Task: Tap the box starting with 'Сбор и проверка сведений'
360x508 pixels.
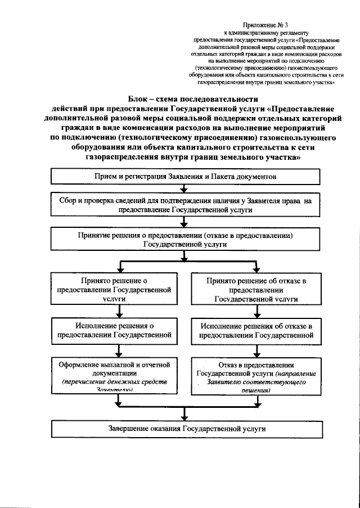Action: tap(187, 204)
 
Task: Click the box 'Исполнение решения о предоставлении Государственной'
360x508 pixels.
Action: tap(118, 330)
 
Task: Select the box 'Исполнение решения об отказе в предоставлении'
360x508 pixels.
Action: tap(256, 330)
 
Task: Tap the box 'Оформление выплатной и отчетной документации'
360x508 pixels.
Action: tap(118, 375)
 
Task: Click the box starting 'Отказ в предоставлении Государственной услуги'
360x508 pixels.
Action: tap(256, 375)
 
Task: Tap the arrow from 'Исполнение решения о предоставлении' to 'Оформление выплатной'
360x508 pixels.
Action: tap(119, 350)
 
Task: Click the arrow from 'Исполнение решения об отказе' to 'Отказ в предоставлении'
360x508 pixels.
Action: tap(256, 350)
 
